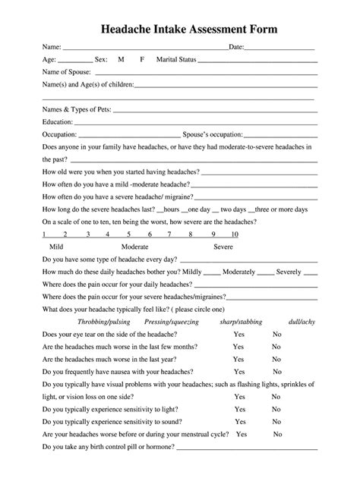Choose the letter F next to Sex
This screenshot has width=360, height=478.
[x=142, y=59]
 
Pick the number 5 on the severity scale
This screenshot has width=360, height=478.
[x=129, y=234]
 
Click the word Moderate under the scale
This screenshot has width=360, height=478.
[x=134, y=247]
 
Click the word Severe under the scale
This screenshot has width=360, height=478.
[x=223, y=247]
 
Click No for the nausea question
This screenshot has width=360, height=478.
[x=277, y=372]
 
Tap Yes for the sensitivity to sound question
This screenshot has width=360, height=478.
[x=241, y=422]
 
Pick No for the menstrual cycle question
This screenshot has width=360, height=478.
[x=278, y=434]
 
